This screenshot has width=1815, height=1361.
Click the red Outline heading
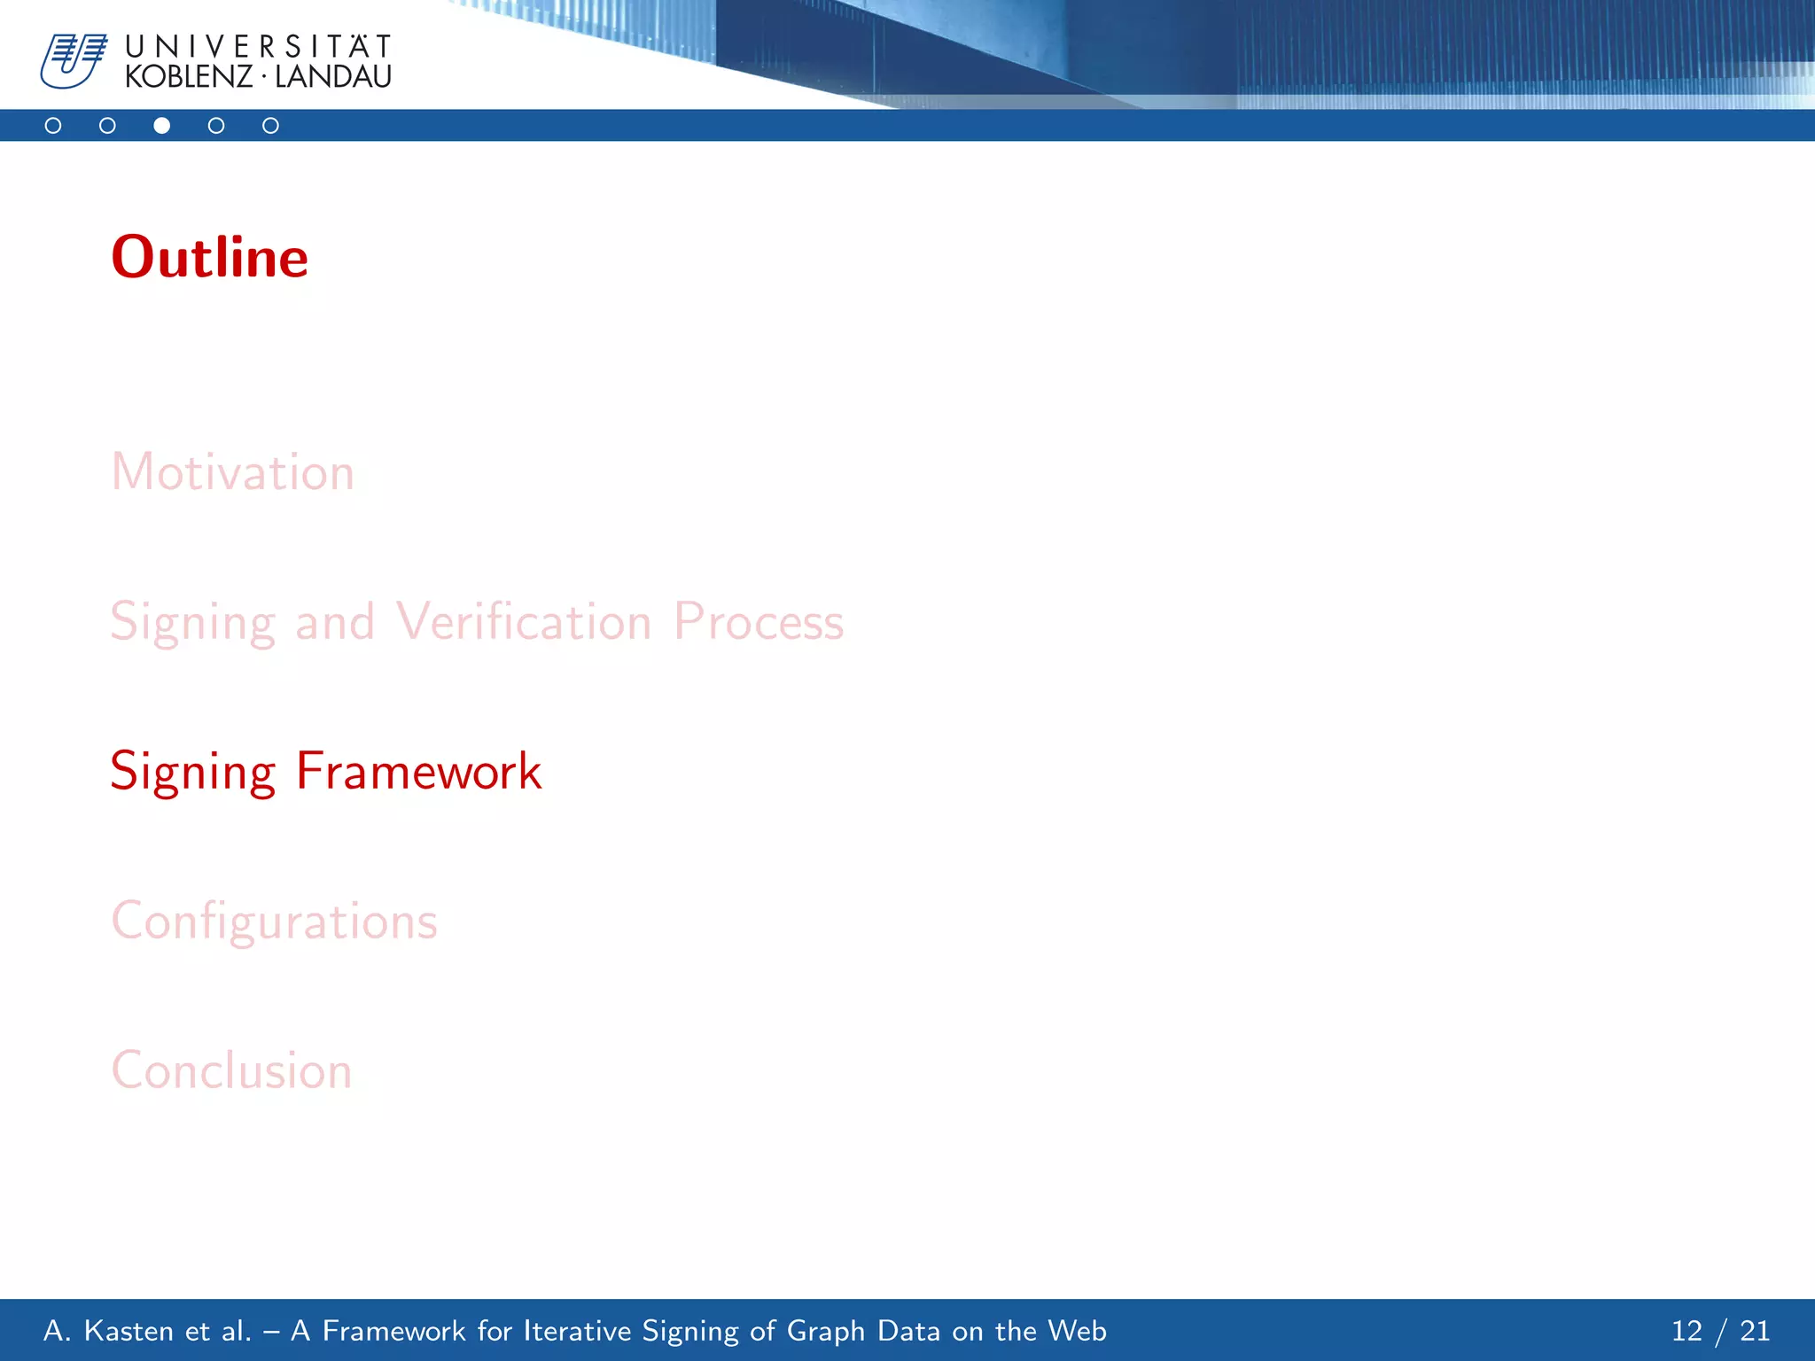click(209, 257)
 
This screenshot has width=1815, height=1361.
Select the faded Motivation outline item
click(232, 471)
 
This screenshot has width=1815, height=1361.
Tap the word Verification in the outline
click(524, 621)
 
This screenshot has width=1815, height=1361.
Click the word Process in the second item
click(759, 621)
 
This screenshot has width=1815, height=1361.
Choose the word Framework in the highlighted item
click(418, 771)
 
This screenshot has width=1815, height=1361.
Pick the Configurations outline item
click(274, 922)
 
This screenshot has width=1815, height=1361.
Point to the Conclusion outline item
click(231, 1070)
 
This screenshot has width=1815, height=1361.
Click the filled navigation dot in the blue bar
click(161, 126)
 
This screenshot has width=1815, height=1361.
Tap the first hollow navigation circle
click(53, 126)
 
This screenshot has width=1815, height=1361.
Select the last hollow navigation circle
click(270, 126)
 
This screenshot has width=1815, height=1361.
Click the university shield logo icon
click(74, 61)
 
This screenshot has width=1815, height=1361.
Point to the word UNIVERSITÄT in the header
click(258, 46)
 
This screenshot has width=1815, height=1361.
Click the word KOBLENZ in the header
click(189, 77)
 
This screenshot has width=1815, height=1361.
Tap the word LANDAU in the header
click(333, 77)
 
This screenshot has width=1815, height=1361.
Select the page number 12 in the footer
click(1686, 1331)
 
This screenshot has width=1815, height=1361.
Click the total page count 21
click(1755, 1331)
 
